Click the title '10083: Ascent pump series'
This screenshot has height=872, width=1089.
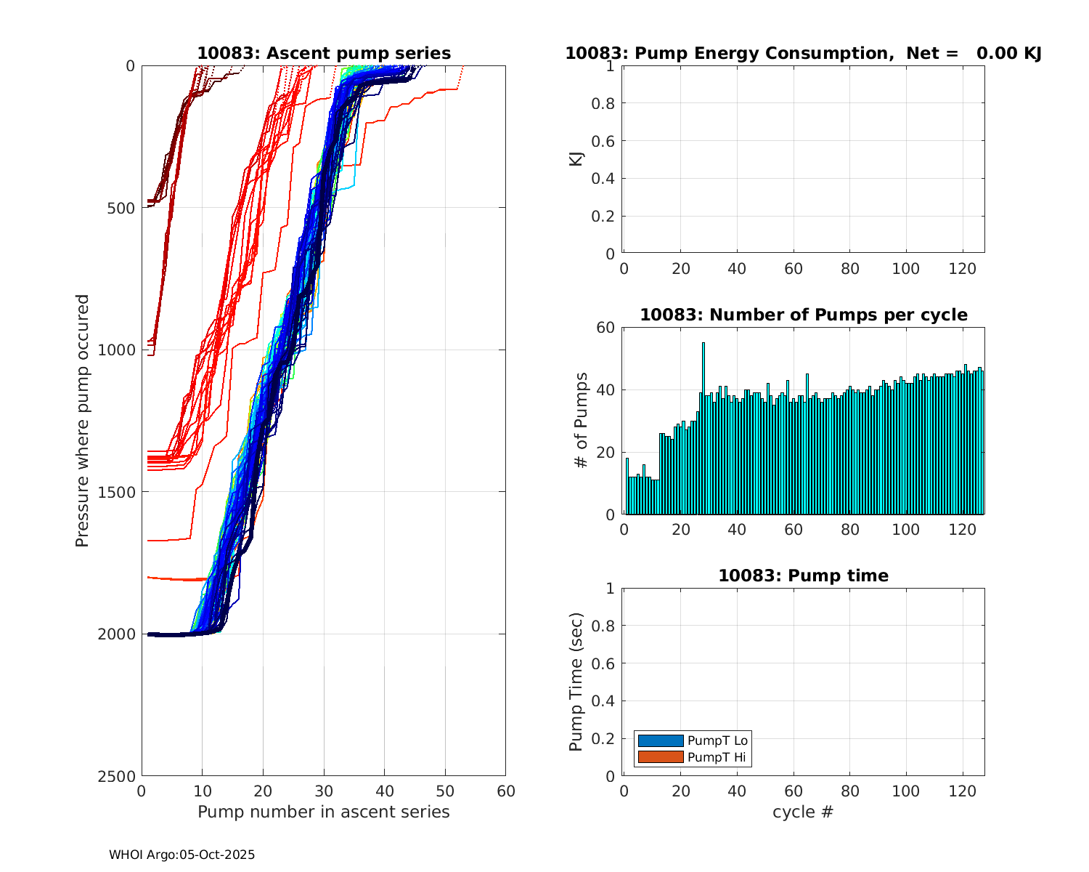coord(324,54)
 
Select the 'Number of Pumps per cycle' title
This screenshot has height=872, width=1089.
coord(803,315)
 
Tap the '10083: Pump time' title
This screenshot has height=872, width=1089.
coord(803,576)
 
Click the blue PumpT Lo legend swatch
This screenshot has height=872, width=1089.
coord(661,740)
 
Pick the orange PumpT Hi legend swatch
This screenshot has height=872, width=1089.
coord(661,757)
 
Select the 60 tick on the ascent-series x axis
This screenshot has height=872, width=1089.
coord(505,791)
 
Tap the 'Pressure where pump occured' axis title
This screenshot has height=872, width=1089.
coord(83,420)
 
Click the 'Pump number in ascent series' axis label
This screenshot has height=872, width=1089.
coord(324,812)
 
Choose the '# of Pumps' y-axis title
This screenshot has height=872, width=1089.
coord(581,420)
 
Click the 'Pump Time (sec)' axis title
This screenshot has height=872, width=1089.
coord(576,682)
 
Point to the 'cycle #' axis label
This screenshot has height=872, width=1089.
coord(803,812)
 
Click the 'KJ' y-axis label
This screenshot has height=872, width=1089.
coord(576,158)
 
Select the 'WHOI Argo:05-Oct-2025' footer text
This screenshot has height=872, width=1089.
coord(182,855)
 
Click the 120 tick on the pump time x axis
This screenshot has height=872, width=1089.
coord(962,791)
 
